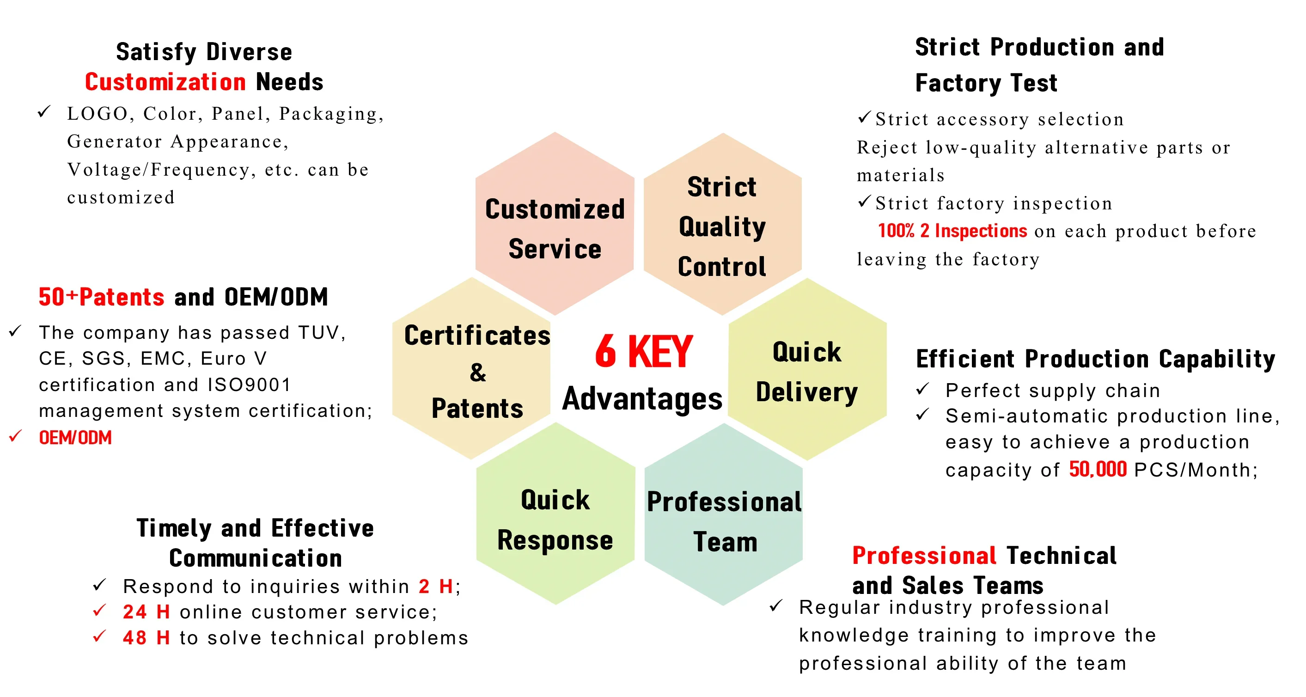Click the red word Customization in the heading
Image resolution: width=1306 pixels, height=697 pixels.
pyautogui.click(x=165, y=82)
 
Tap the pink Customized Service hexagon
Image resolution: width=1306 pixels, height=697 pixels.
pyautogui.click(x=555, y=223)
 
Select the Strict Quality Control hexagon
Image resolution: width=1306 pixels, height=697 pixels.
pyautogui.click(x=722, y=224)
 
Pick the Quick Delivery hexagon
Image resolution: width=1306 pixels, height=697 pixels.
pyautogui.click(x=807, y=369)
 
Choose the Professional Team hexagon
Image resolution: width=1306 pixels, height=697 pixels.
pyautogui.click(x=723, y=514)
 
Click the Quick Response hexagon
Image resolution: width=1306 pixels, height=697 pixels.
pyautogui.click(x=555, y=514)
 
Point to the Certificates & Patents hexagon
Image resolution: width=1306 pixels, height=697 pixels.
pyautogui.click(x=471, y=368)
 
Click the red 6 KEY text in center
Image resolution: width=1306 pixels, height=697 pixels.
pyautogui.click(x=644, y=351)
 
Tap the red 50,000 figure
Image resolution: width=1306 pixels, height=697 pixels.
pyautogui.click(x=1098, y=470)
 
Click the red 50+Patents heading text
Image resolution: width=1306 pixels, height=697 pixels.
pyautogui.click(x=101, y=297)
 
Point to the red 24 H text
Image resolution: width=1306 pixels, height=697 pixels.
pyautogui.click(x=146, y=612)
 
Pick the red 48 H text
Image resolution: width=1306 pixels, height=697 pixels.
pyautogui.click(x=146, y=638)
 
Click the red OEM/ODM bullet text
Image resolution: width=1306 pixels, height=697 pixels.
pyautogui.click(x=75, y=437)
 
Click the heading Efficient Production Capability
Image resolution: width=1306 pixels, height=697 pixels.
pyautogui.click(x=1095, y=359)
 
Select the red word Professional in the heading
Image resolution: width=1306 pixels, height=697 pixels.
pyautogui.click(x=924, y=556)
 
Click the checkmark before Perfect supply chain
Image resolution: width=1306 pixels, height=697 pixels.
pyautogui.click(x=923, y=389)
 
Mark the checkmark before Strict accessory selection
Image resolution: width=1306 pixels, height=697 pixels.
pyautogui.click(x=864, y=117)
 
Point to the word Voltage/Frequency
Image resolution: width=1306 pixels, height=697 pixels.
pyautogui.click(x=159, y=170)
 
